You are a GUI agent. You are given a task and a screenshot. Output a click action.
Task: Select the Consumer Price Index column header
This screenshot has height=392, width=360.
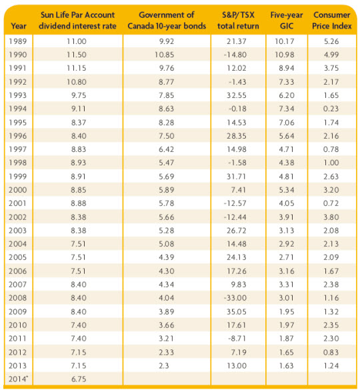[331, 20]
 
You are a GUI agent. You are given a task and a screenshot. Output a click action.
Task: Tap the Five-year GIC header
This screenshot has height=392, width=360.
[287, 20]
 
